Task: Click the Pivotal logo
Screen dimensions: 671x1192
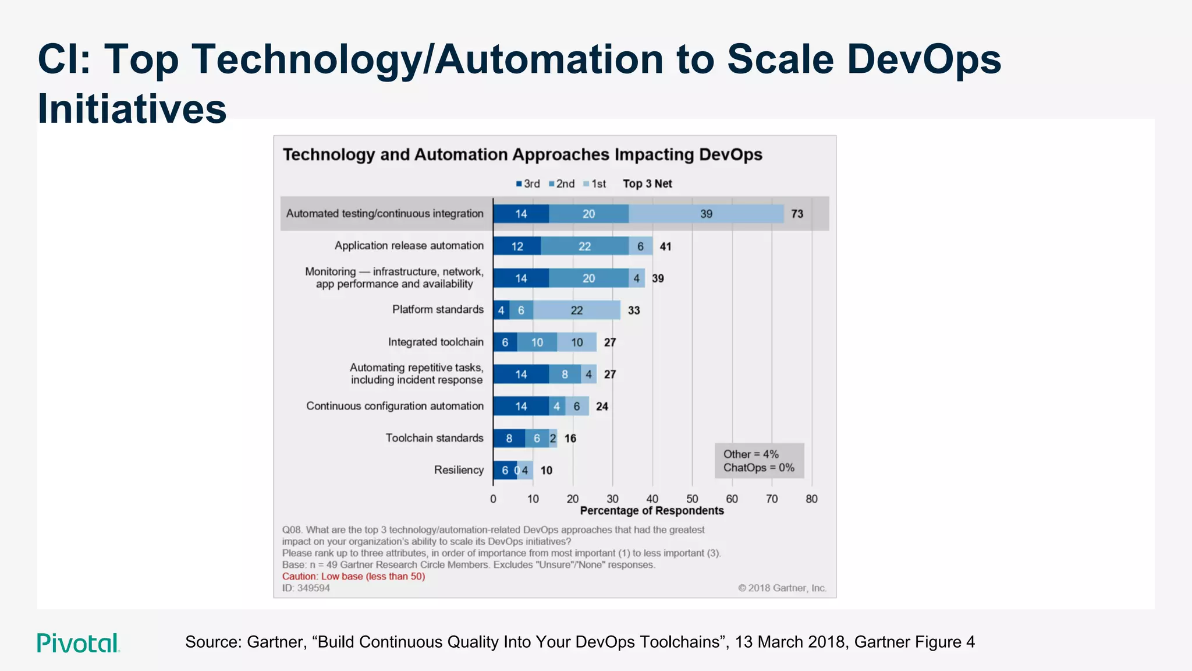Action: click(x=78, y=643)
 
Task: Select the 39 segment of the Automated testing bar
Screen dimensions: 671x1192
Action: click(x=706, y=214)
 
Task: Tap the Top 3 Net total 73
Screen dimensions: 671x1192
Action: click(x=797, y=214)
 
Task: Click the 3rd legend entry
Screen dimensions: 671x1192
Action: click(x=528, y=184)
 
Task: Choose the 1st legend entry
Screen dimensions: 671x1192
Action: click(x=595, y=184)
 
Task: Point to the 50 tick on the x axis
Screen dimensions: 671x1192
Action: click(x=692, y=499)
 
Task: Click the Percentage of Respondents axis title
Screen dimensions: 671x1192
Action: click(x=652, y=511)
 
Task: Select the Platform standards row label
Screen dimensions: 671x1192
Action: click(x=438, y=309)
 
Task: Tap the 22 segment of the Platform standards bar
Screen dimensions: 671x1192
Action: click(x=576, y=310)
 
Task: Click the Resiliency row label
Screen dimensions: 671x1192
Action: click(x=459, y=470)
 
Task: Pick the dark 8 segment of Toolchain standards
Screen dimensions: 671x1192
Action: click(x=509, y=438)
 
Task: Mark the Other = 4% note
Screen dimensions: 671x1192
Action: click(x=751, y=454)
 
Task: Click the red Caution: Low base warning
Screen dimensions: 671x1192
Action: click(x=353, y=577)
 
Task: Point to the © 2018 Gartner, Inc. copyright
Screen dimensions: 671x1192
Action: click(x=782, y=588)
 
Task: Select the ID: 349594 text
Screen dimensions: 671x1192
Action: click(x=306, y=588)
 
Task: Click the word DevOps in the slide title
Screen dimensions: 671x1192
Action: click(x=924, y=59)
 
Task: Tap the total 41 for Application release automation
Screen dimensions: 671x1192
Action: click(x=665, y=246)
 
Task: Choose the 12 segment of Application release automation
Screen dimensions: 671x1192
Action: click(x=517, y=246)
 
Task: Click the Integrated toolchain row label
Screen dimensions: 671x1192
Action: click(x=435, y=342)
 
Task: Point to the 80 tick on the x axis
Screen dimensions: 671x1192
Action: click(x=811, y=499)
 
